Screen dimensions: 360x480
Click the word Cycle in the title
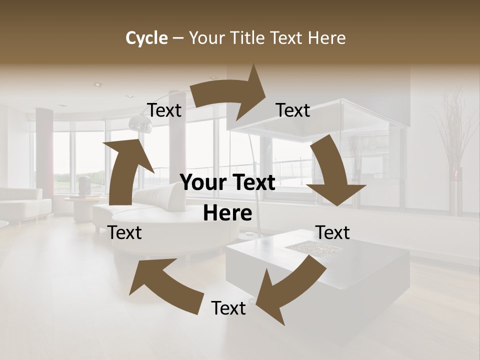[x=146, y=38]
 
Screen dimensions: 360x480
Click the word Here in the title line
[x=327, y=38]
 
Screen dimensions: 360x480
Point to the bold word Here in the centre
[x=227, y=213]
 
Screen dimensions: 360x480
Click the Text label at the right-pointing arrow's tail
[x=164, y=110]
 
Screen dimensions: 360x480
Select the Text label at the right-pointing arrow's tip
[x=293, y=110]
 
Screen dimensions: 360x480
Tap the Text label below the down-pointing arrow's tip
[x=332, y=232]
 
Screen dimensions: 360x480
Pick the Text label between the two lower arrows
[x=228, y=308]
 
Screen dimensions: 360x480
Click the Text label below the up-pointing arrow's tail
[x=125, y=232]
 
